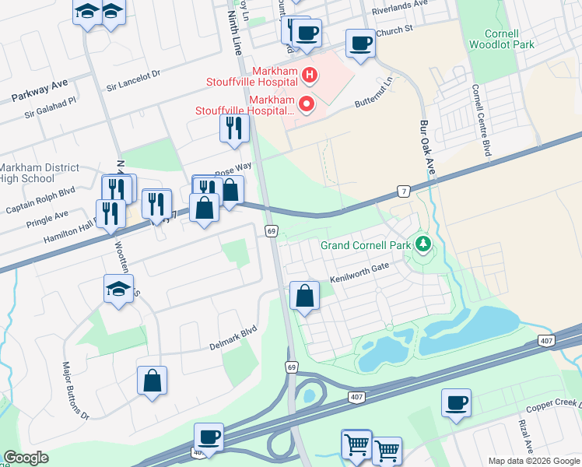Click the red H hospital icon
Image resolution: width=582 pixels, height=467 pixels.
(310, 75)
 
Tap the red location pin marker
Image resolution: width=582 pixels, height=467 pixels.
(307, 103)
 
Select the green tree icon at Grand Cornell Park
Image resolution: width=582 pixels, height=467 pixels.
(422, 245)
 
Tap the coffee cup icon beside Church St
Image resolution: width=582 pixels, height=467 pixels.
(359, 44)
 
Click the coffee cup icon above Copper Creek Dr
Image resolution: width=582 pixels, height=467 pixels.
(456, 402)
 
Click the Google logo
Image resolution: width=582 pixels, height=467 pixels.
(26, 458)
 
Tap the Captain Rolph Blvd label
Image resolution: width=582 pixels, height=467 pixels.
(40, 198)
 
